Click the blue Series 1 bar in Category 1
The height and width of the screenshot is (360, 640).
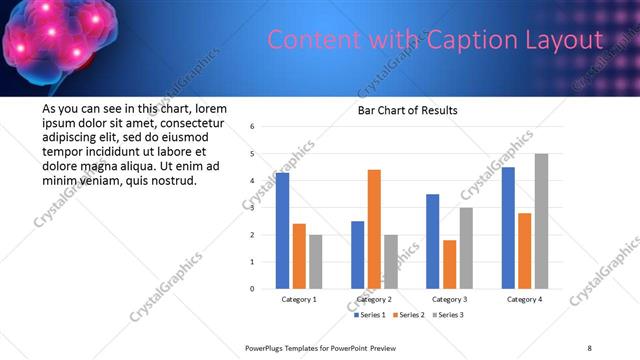point(282,231)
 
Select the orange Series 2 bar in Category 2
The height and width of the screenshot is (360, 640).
point(374,229)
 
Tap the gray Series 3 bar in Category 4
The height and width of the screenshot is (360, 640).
point(541,221)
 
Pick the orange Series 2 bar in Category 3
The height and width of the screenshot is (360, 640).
point(449,264)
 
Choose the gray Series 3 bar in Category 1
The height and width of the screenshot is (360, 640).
point(315,262)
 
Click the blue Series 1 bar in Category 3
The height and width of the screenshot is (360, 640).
point(433,241)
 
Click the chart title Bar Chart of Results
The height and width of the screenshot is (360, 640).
point(408,110)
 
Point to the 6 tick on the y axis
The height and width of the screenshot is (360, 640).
point(253,127)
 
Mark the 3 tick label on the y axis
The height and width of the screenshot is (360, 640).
point(253,208)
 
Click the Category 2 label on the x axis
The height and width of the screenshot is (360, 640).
point(374,299)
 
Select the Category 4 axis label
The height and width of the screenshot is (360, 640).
point(524,299)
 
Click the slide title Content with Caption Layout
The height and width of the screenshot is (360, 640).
point(435,41)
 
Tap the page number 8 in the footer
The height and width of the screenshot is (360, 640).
point(589,348)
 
